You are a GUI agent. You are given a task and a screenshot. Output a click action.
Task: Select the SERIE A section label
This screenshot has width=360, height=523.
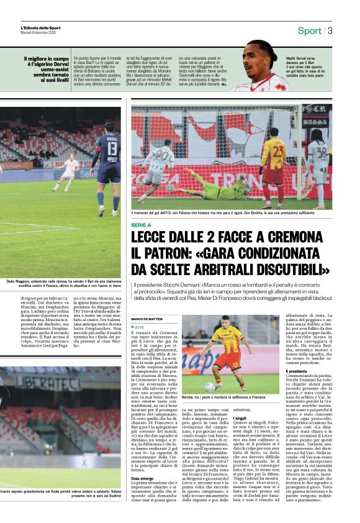pyautogui.click(x=141, y=225)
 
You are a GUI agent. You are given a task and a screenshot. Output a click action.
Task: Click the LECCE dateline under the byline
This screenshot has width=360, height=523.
pyautogui.click(x=140, y=327)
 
